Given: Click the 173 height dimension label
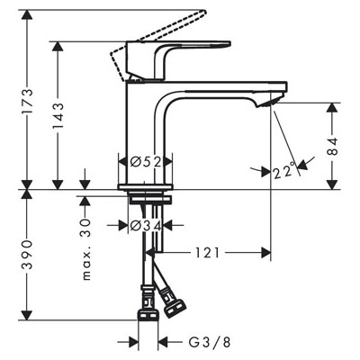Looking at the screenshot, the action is (27, 101).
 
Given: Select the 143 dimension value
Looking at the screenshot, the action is (58, 116).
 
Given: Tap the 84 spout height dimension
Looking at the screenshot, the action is (332, 147).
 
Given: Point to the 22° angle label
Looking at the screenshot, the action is (284, 171).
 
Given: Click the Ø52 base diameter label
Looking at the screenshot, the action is (146, 162).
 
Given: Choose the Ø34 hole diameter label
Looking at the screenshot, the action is (146, 225).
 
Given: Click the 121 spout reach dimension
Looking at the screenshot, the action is (208, 253).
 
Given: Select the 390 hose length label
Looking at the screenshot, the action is (27, 255).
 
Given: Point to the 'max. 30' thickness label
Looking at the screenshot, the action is (85, 249).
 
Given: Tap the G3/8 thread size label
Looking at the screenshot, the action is (210, 342).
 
